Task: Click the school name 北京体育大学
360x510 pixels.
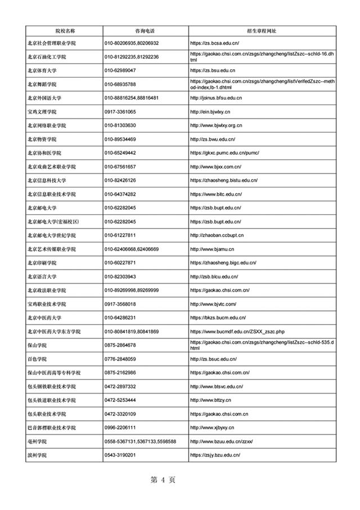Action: click(x=42, y=70)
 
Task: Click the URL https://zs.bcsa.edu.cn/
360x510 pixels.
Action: click(x=215, y=43)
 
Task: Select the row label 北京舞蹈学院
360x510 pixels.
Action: click(x=42, y=84)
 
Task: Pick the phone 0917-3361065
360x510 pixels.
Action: click(x=120, y=111)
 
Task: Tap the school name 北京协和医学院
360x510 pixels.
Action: click(x=44, y=153)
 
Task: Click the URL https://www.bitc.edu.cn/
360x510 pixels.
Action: click(x=216, y=194)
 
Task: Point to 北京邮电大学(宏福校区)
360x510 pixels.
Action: click(x=53, y=222)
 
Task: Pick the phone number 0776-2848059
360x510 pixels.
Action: click(x=120, y=359)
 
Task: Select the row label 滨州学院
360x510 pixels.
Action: click(x=37, y=455)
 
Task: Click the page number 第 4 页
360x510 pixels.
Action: click(x=164, y=480)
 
